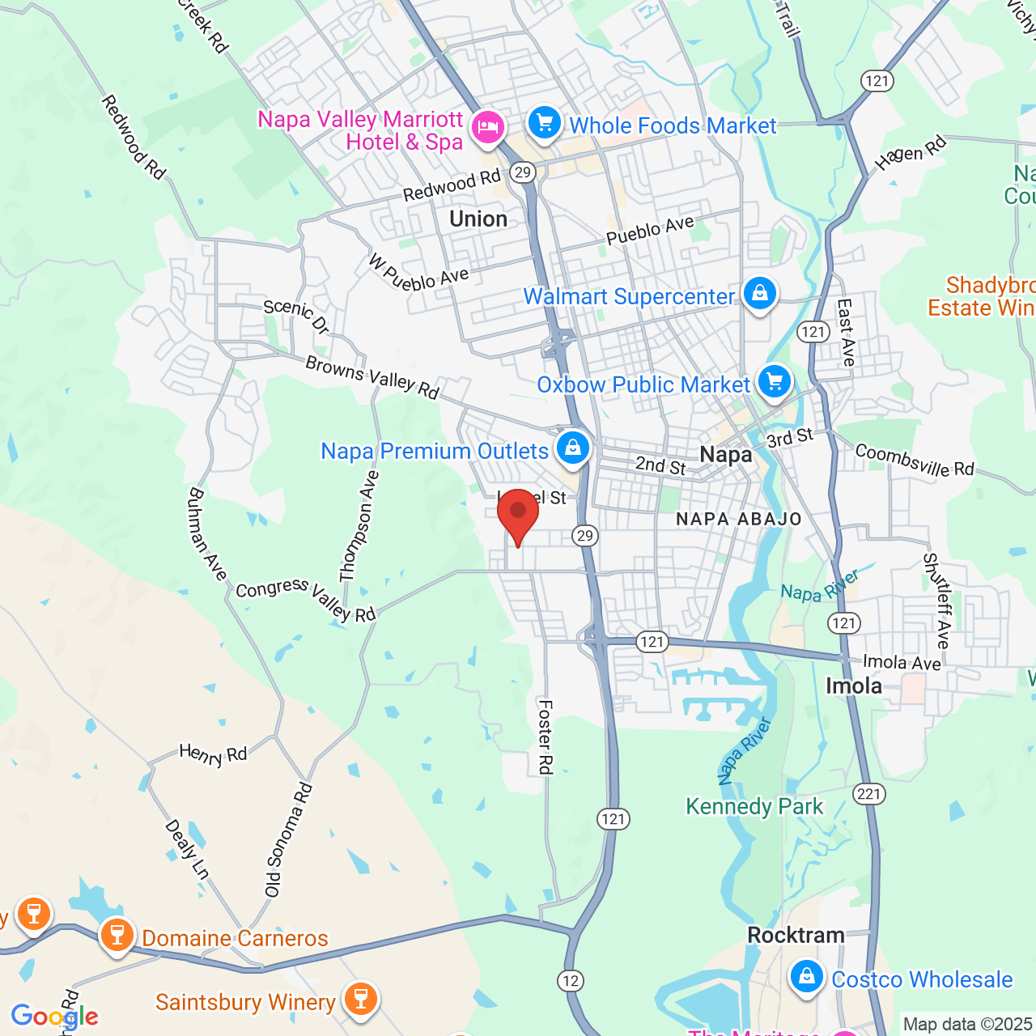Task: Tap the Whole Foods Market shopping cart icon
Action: pos(545,124)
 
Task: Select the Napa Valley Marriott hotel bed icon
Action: pos(488,127)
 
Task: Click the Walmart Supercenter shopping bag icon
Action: pos(759,293)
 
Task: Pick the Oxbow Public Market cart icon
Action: pos(775,380)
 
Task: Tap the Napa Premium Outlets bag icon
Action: pos(573,447)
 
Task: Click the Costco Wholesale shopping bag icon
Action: pos(807,976)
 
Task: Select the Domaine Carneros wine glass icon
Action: pos(117,935)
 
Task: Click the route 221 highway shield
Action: pos(868,793)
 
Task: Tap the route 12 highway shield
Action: pos(571,981)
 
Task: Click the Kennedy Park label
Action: pos(754,806)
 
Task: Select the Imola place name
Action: pos(853,686)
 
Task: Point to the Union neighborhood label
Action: pos(478,219)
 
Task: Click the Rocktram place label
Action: pos(796,936)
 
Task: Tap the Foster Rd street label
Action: pos(546,737)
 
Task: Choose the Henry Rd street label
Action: pos(213,755)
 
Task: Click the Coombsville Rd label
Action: pos(915,460)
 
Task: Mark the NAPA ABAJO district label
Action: pos(738,520)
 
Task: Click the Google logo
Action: pos(54,1017)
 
